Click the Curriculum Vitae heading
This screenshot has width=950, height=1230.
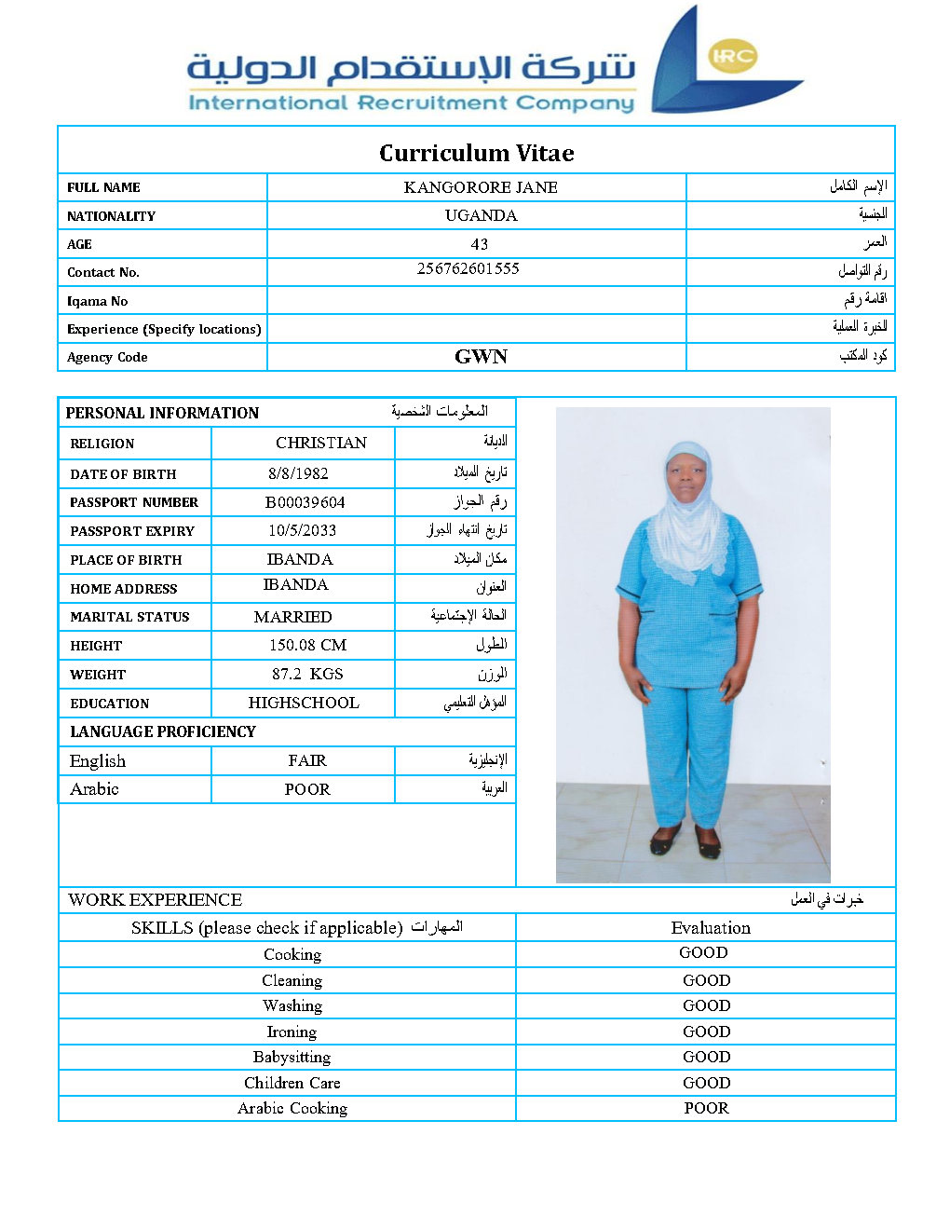[476, 153]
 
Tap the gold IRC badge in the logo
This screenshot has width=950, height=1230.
[732, 56]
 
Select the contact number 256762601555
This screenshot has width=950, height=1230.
[468, 268]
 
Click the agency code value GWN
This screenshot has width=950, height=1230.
[481, 357]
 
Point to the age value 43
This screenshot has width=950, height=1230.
[480, 244]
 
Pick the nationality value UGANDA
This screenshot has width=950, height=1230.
[481, 215]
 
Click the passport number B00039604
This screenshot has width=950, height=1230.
[305, 502]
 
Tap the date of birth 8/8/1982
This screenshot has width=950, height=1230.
[298, 473]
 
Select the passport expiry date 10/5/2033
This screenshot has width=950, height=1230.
[302, 530]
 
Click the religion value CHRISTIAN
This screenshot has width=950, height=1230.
[321, 443]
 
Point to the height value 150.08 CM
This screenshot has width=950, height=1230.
[307, 645]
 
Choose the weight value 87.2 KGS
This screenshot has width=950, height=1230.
[307, 674]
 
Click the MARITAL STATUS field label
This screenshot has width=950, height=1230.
[129, 617]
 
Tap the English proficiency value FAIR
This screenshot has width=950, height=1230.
[307, 760]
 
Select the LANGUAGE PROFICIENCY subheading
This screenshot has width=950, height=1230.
[163, 731]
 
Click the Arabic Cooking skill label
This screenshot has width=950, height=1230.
[292, 1108]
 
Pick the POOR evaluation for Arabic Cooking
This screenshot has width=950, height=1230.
[706, 1108]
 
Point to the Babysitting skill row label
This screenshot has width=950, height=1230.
[292, 1057]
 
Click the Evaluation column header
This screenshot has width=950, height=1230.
[711, 927]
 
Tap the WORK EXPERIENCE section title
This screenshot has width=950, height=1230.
[156, 899]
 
